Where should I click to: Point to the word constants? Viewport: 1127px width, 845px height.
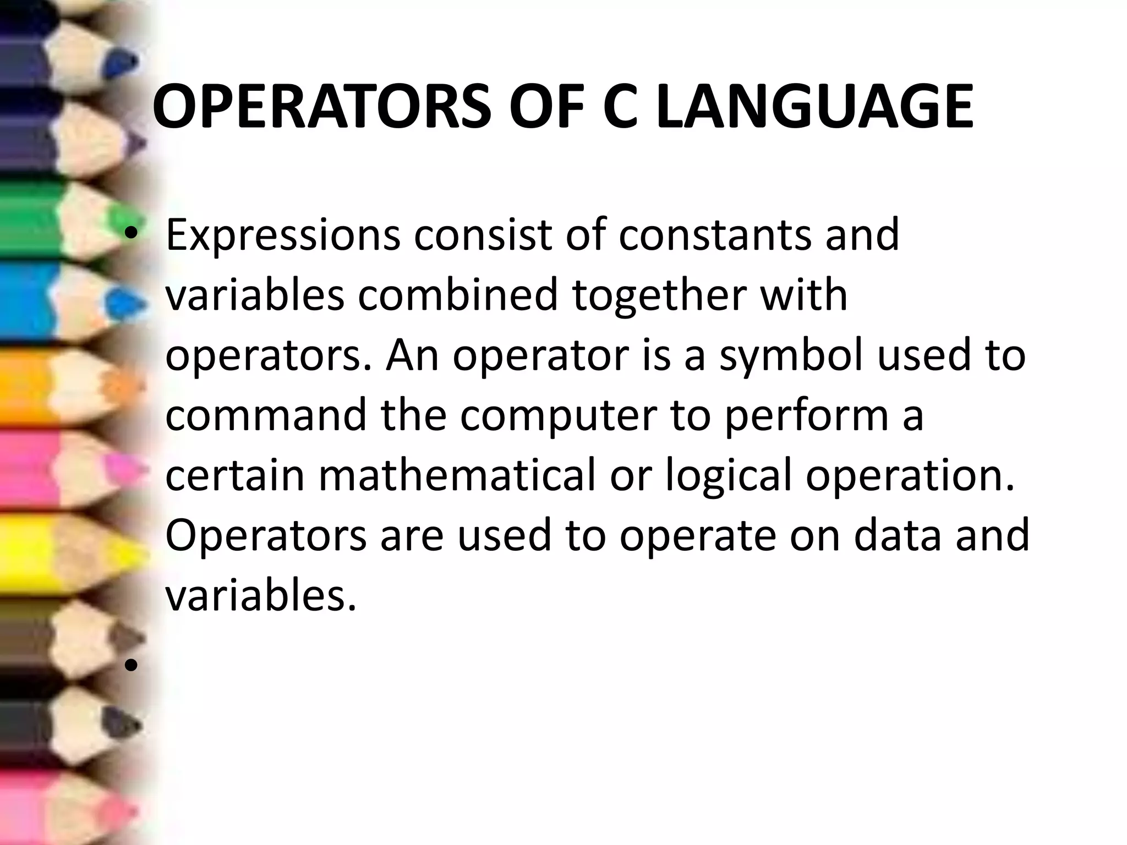[x=715, y=234]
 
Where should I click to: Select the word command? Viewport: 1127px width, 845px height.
[x=266, y=415]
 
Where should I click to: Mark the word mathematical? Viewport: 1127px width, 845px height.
[x=457, y=475]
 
